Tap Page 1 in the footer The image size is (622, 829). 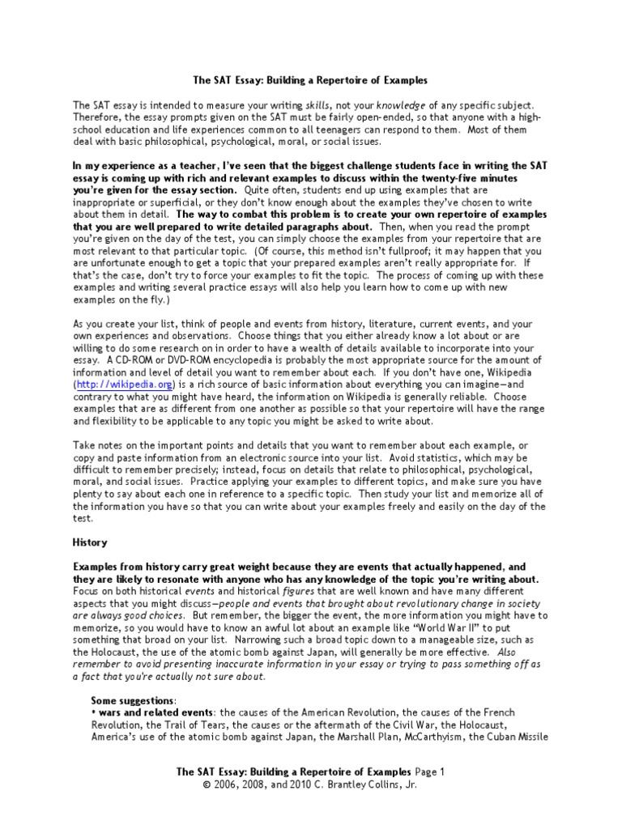point(430,772)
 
